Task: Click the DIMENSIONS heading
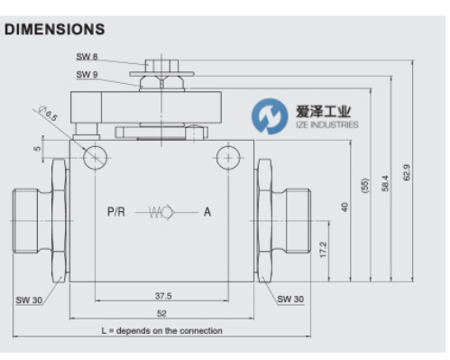[55, 30]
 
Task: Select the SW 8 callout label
[87, 57]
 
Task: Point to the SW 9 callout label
[87, 74]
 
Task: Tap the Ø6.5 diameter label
[48, 114]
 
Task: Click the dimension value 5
[37, 148]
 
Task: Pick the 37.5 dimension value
[163, 296]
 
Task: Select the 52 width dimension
[161, 313]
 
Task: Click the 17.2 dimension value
[323, 249]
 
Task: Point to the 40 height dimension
[344, 208]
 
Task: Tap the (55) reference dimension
[364, 186]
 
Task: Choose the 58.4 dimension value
[385, 183]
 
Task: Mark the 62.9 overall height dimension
[406, 172]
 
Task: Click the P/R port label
[116, 212]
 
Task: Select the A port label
[207, 212]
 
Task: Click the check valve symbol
[161, 212]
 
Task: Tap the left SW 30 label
[29, 300]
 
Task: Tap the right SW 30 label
[290, 300]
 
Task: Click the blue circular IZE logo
[270, 116]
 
